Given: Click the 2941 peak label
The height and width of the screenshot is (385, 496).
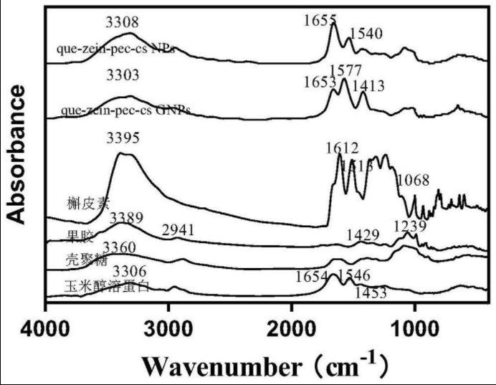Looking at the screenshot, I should (178, 229).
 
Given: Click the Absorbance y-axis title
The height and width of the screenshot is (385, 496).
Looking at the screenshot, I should (17, 154).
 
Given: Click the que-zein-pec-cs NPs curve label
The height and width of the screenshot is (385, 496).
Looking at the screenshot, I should (118, 49).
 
